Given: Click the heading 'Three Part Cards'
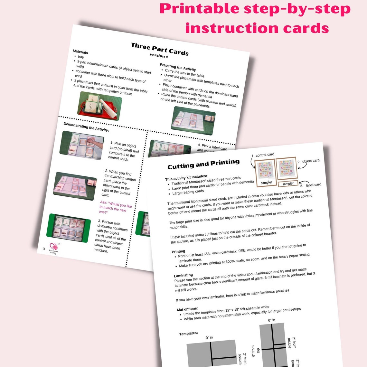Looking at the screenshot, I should (160, 49).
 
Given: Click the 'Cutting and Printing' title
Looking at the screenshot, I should (203, 164).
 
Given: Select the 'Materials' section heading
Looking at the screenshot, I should (80, 52).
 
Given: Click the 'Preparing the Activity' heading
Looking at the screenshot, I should (178, 67).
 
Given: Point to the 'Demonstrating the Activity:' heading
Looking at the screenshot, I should (86, 127).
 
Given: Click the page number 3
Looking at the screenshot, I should (44, 249).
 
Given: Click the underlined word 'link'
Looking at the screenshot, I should (243, 294).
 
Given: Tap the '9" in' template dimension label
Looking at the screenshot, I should (209, 337).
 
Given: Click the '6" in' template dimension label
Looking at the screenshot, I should (272, 320).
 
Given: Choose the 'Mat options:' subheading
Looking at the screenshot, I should (187, 309).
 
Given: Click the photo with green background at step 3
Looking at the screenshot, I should (68, 228).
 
